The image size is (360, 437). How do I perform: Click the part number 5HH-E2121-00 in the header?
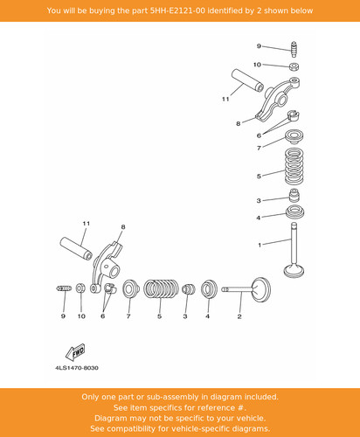tap(177, 10)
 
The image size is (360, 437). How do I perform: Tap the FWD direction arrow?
tap(75, 352)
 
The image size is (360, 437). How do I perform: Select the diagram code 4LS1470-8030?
tap(77, 368)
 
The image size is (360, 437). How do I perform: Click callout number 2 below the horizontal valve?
tap(239, 316)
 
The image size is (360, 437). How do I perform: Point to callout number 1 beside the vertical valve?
tap(260, 245)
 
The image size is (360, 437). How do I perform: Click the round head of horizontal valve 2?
tap(261, 290)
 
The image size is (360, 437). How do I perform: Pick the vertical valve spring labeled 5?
tap(294, 166)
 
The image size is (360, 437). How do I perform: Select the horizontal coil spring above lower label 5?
tap(161, 289)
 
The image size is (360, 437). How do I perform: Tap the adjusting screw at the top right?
tap(294, 50)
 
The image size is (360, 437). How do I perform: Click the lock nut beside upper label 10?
tap(294, 66)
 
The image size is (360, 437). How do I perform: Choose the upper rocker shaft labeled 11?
tap(247, 80)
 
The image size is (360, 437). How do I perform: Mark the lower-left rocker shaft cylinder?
tap(76, 248)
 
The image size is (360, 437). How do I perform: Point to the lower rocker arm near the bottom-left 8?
tap(107, 267)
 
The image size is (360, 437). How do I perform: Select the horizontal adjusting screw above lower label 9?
tap(64, 288)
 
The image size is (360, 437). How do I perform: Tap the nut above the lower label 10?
tap(80, 288)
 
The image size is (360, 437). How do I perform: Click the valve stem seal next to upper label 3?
tap(294, 195)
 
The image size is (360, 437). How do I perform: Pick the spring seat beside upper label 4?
tap(294, 212)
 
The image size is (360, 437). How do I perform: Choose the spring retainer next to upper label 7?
tap(294, 136)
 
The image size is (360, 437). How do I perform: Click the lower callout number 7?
tap(128, 316)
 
